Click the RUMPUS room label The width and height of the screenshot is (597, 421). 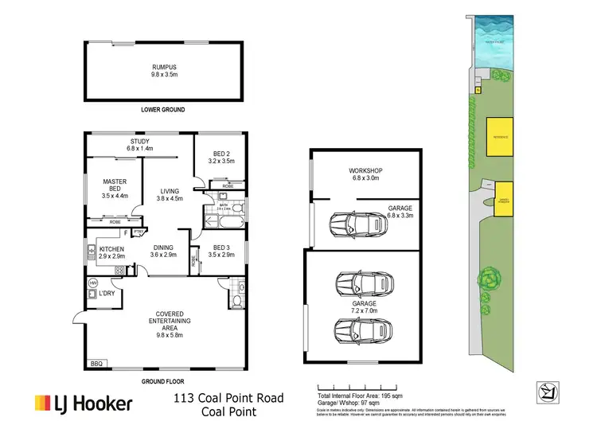click(x=166, y=68)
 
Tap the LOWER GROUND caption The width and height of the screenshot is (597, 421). click(x=162, y=108)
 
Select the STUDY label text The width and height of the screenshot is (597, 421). click(x=140, y=144)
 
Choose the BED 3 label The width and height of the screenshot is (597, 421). click(x=221, y=250)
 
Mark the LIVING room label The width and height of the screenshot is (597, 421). click(x=169, y=190)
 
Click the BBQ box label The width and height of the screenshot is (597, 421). click(x=97, y=364)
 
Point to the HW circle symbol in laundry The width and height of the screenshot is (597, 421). click(x=92, y=283)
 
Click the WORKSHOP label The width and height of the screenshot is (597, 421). click(x=366, y=171)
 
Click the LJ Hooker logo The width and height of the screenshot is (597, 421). click(x=82, y=403)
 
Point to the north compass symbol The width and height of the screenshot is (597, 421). click(x=548, y=388)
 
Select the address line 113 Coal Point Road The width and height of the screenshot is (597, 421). click(x=228, y=397)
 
